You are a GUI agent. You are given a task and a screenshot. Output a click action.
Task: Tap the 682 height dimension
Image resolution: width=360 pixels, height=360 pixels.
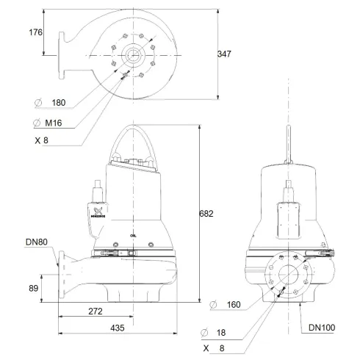208,214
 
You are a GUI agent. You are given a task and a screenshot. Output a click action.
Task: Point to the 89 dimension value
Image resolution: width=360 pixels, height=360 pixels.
34,289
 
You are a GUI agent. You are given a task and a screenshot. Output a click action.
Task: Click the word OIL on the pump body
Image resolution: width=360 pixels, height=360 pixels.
132,237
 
